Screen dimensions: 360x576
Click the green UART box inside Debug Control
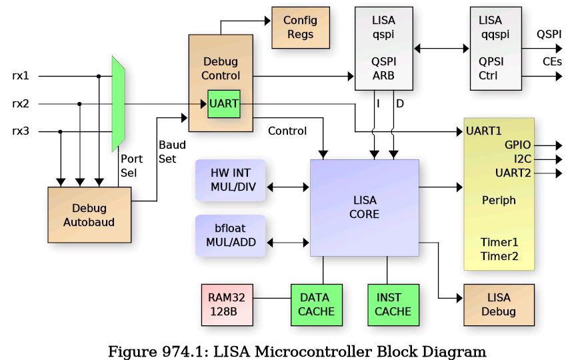[x=223, y=104]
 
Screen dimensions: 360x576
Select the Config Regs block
[x=301, y=27]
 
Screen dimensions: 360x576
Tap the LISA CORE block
[x=364, y=207]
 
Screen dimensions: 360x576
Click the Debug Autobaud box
[x=89, y=215]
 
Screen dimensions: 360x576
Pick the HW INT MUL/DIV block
[x=229, y=179]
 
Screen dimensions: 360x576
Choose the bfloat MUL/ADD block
[x=229, y=235]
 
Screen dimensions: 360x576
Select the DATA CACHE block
[x=316, y=305]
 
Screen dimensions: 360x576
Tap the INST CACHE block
[x=393, y=305]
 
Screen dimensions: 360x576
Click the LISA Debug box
[x=499, y=305]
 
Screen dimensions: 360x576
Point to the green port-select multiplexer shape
[x=119, y=103]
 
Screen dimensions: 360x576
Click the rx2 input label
[x=21, y=104]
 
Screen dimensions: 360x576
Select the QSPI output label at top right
[x=549, y=34]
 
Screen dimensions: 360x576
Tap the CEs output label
[x=552, y=61]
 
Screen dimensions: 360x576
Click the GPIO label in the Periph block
[x=517, y=145]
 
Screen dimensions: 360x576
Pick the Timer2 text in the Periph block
[x=499, y=255]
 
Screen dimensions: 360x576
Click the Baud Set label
[x=172, y=151]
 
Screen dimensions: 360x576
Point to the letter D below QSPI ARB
[x=400, y=103]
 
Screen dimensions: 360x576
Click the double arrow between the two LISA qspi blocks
[x=441, y=48]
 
